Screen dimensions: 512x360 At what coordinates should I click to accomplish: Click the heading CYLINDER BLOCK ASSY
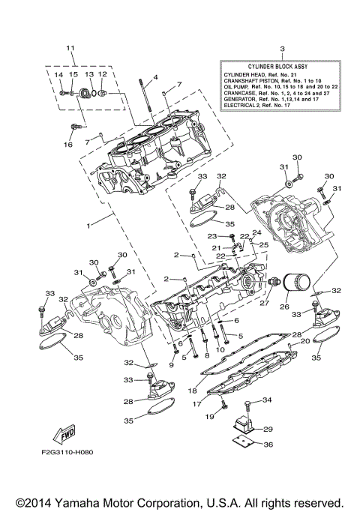(x=281, y=66)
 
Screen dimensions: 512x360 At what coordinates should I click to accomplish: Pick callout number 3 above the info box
(x=281, y=49)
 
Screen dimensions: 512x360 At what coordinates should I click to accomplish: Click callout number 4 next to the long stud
(x=156, y=77)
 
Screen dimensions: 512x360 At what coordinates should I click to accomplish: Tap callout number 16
(x=68, y=144)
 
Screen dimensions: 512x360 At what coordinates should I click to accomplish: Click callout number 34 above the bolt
(x=267, y=400)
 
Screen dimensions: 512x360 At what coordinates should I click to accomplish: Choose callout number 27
(x=264, y=304)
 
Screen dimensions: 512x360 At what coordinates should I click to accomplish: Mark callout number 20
(x=305, y=341)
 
